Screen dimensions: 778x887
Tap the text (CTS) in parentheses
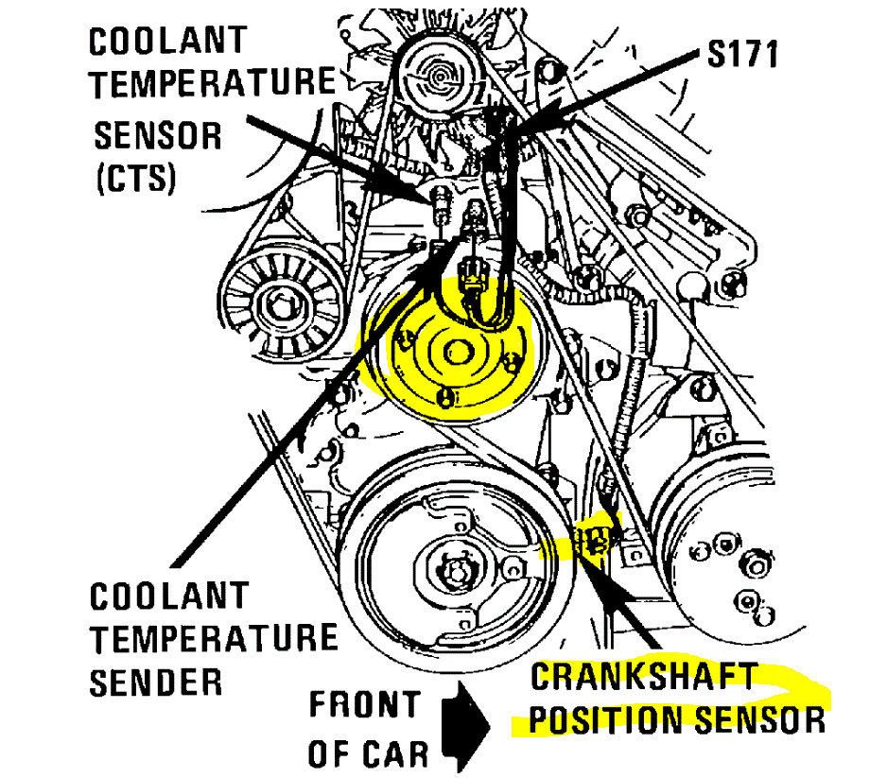coord(135,179)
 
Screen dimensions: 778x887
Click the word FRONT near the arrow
coord(364,704)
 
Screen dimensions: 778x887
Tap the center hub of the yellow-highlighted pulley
coord(456,352)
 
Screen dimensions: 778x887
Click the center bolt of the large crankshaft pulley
coord(456,571)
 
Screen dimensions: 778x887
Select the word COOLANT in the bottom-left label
coord(169,596)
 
